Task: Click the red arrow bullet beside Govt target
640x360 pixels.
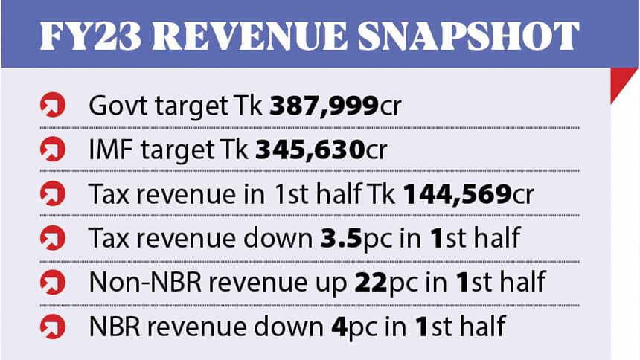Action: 51,108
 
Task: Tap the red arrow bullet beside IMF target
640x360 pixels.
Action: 51,152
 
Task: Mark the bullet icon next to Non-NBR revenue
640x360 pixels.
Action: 51,283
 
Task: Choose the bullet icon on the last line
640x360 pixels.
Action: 51,327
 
